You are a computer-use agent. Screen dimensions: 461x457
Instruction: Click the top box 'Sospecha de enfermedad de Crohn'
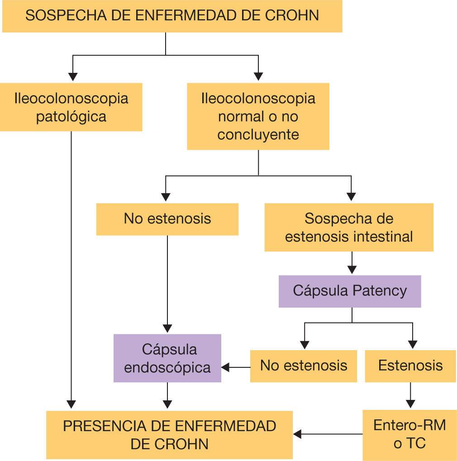coord(172,16)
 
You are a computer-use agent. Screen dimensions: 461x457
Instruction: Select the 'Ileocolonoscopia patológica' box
coord(71,107)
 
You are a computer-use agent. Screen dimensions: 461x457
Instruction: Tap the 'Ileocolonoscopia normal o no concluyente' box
coord(258,116)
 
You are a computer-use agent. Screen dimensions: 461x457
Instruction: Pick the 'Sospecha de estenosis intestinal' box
coord(349,227)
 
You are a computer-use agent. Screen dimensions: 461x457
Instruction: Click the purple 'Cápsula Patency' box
coord(350,291)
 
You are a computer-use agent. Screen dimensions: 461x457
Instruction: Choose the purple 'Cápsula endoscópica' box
coord(167,358)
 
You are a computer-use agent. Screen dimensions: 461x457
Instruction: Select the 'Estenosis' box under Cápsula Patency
coord(410,366)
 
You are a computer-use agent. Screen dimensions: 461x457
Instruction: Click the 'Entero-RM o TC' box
coord(409,434)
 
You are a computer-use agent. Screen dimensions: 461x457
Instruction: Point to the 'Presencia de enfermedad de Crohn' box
coord(170,435)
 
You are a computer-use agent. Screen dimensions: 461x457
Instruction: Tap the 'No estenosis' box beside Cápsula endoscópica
coord(304,366)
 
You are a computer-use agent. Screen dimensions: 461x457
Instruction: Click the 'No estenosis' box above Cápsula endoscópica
coord(167,219)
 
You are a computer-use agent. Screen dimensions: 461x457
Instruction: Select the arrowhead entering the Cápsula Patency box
coord(352,270)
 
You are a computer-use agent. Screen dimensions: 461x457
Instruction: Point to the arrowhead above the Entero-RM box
coord(410,404)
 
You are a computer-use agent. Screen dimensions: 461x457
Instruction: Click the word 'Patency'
coord(380,290)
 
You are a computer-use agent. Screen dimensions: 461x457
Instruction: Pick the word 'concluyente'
coord(258,135)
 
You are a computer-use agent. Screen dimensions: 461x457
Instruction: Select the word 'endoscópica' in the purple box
coord(167,367)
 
